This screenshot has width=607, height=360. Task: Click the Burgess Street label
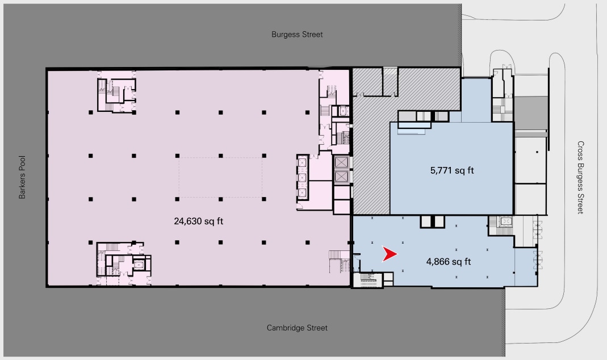point(296,35)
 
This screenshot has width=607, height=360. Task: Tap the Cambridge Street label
point(297,328)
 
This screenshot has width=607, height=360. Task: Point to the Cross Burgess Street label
point(580,177)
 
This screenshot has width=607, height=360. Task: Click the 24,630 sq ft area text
point(198,221)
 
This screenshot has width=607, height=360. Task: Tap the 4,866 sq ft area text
point(449,262)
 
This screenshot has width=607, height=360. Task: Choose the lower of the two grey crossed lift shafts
point(341,177)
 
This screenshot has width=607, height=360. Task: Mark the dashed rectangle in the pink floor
point(220,177)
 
